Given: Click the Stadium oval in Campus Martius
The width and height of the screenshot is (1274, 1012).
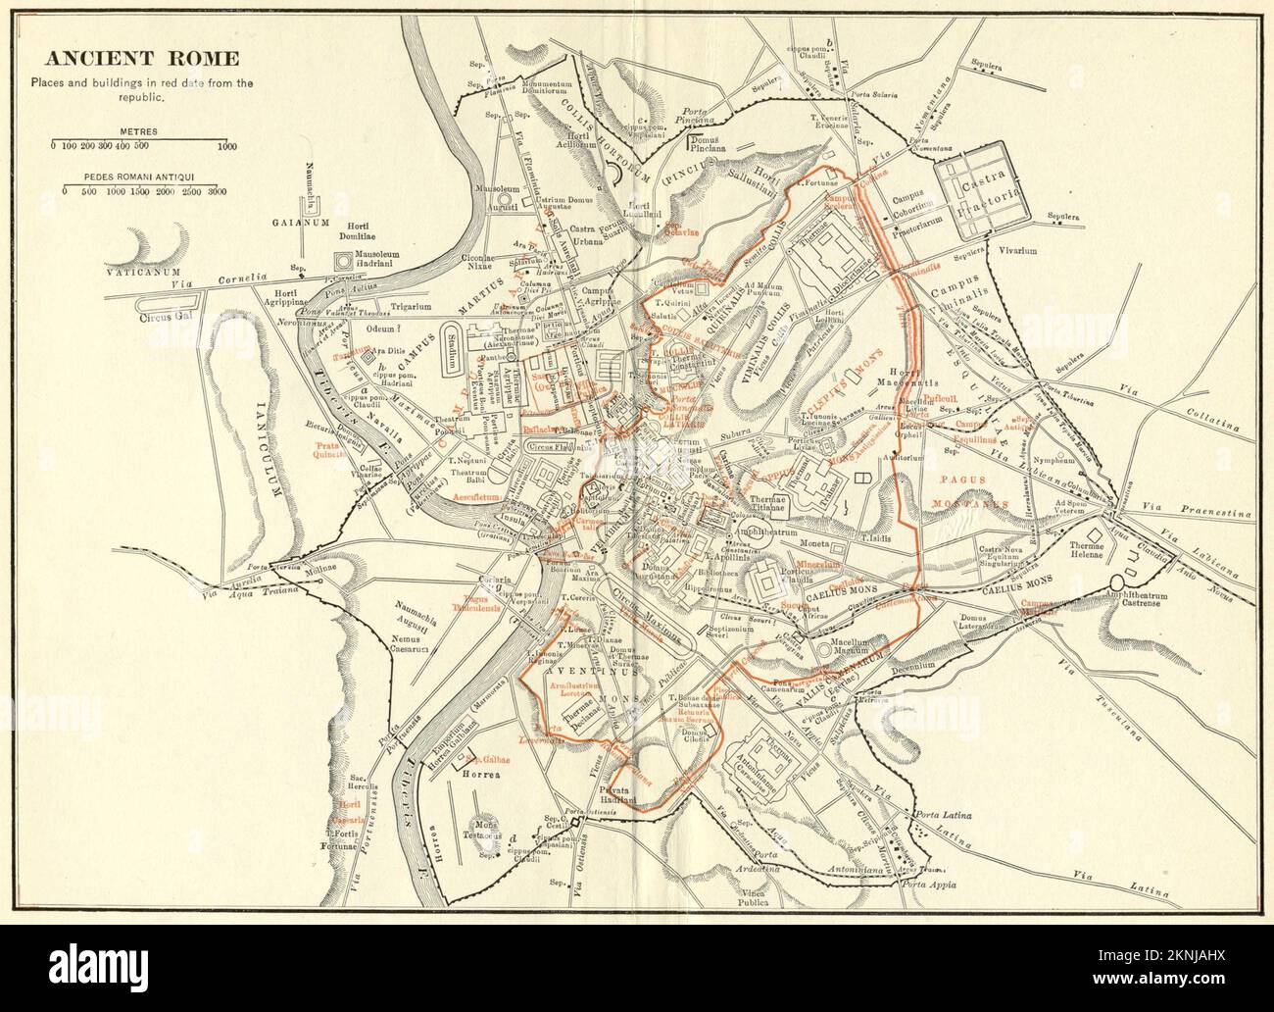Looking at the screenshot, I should (x=452, y=347).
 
